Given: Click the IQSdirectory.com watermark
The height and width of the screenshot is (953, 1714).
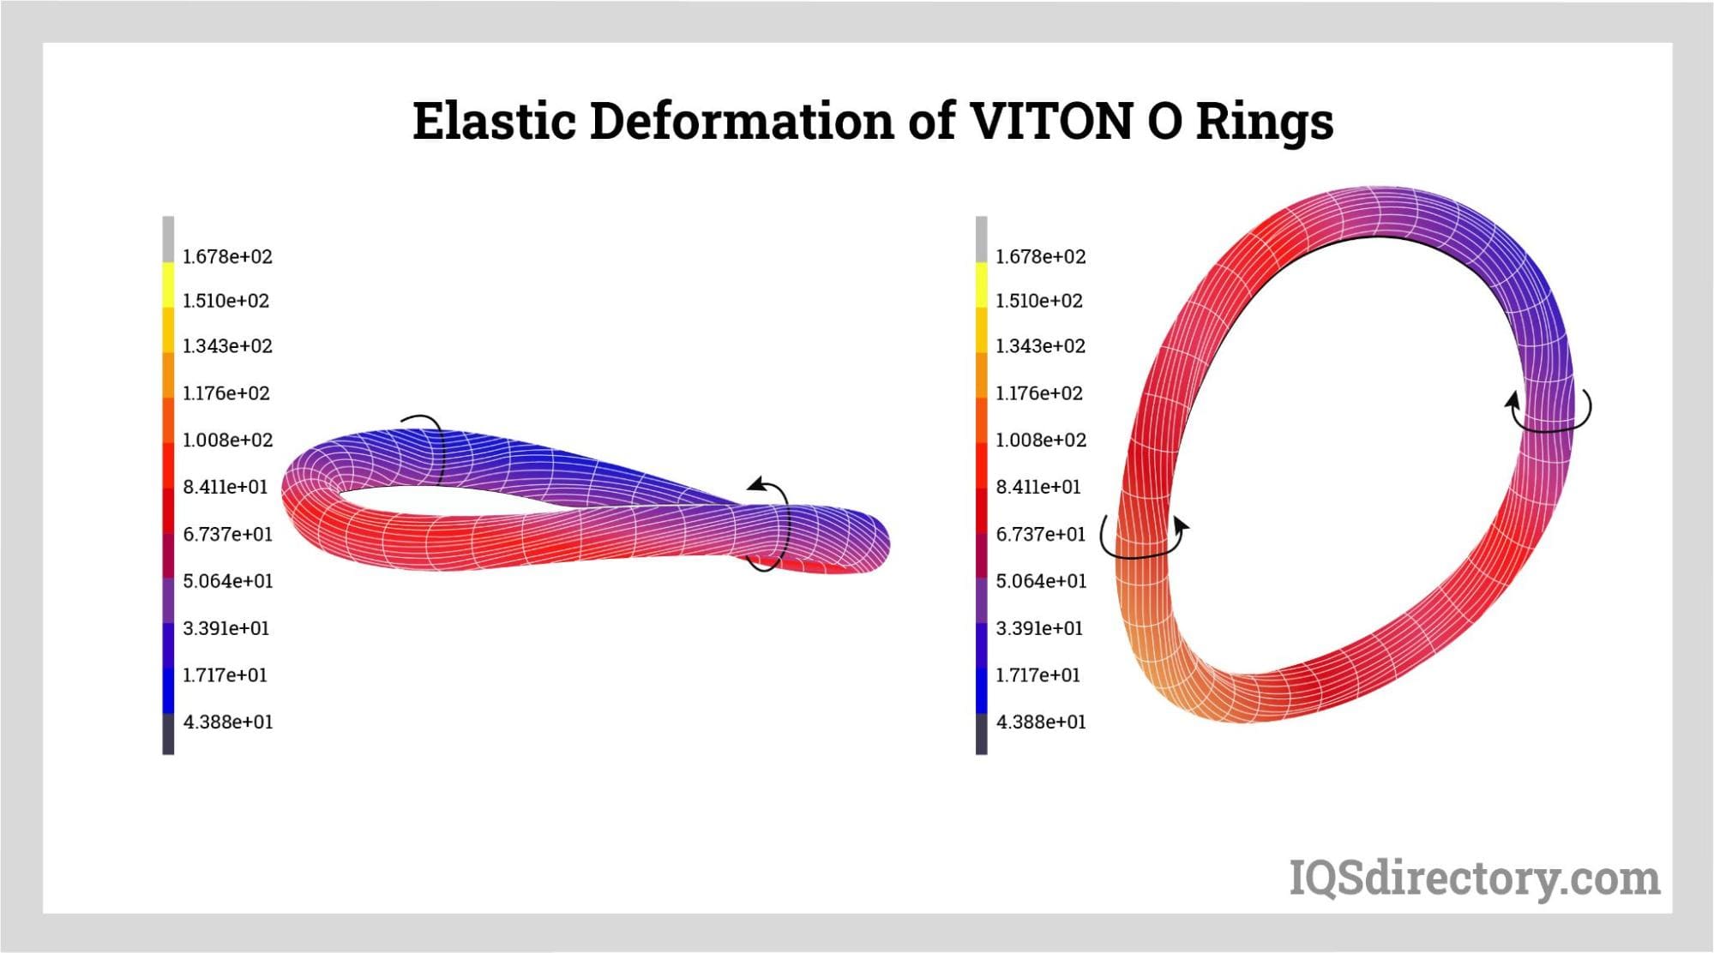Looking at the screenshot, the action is [1475, 879].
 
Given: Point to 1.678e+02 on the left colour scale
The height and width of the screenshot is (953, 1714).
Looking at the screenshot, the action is [227, 256].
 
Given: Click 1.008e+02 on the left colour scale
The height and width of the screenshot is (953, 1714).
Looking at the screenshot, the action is [227, 440].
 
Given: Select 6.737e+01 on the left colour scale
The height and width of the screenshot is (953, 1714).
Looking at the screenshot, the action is [227, 534].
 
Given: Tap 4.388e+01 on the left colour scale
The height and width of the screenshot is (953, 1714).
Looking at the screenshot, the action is [227, 722].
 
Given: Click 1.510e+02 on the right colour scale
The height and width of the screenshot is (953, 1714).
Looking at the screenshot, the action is [1039, 301].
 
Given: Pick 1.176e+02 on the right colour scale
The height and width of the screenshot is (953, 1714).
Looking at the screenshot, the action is [1039, 393].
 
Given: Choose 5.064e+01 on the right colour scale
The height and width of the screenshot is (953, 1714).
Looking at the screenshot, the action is [1040, 581].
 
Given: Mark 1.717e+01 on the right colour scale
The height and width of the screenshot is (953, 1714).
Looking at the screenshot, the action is [1038, 675].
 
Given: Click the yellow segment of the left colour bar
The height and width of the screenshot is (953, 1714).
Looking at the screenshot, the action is [168, 285].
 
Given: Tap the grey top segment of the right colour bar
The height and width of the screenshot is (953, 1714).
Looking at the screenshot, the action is [981, 239].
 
